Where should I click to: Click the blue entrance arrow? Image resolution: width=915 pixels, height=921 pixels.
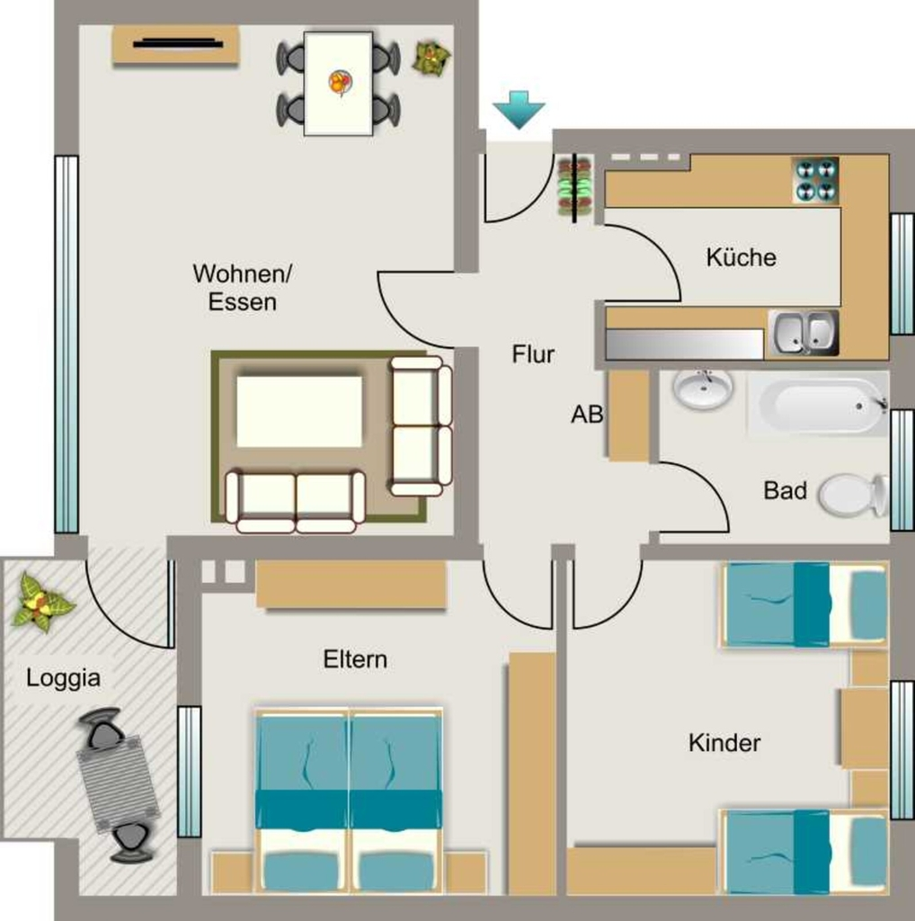pos(519,110)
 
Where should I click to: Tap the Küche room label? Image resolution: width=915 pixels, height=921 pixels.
pos(742,257)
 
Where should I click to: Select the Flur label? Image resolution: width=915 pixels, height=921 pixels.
pos(533,354)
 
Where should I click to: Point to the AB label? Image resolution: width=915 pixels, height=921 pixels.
pos(587,414)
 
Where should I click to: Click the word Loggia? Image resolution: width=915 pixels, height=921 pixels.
pos(64,678)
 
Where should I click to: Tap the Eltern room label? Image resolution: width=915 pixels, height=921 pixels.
pos(355,659)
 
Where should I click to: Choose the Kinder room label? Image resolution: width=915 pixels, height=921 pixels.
pos(724,743)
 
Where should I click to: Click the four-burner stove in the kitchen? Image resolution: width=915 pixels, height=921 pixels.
pos(814,179)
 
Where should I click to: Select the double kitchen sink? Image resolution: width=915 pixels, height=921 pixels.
pos(803,333)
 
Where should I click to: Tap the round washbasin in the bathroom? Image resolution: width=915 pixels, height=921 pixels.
pos(703,389)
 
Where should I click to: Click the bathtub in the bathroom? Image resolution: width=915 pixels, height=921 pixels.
pos(818,405)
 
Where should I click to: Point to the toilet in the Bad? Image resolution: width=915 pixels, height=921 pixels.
pos(853,496)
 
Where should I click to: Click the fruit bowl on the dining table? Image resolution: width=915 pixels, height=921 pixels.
pos(340,82)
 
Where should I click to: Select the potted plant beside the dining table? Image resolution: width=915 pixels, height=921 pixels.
pos(431,58)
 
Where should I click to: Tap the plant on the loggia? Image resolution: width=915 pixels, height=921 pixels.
pos(41,603)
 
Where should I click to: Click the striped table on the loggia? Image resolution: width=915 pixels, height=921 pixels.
pos(118,784)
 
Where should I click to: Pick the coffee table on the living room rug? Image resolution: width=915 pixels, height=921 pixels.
pos(299,411)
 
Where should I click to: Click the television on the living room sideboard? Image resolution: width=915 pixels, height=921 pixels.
pos(178,43)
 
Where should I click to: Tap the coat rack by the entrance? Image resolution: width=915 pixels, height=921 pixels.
pos(574,188)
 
